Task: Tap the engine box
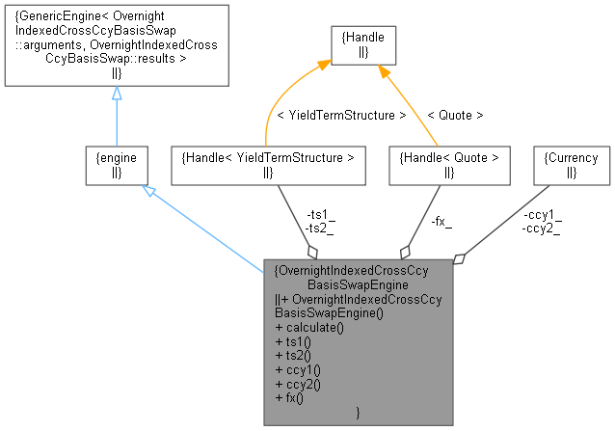(x=116, y=164)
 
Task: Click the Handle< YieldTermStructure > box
(x=267, y=164)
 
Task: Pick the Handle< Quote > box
(x=448, y=164)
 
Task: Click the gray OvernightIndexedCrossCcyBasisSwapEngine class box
(x=358, y=341)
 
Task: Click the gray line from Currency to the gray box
(x=506, y=222)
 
